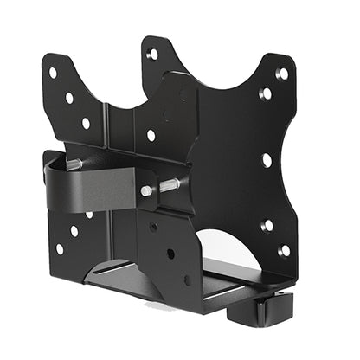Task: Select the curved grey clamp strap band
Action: tap(104, 186)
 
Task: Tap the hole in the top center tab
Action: tap(153, 54)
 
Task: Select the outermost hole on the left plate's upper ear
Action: tap(53, 73)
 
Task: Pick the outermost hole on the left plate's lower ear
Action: tap(59, 248)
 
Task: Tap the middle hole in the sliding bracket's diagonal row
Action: tap(170, 254)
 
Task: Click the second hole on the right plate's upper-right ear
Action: tap(266, 93)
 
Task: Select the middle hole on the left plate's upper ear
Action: tap(69, 98)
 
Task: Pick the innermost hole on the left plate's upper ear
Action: tap(86, 123)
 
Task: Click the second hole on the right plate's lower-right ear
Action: tap(267, 225)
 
